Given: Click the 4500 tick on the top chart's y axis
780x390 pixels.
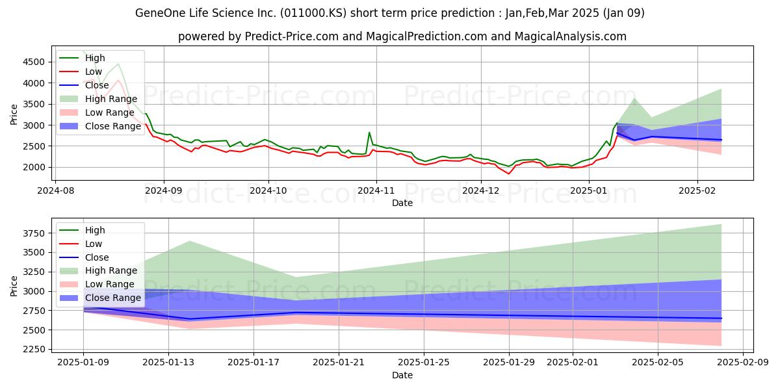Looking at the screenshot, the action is (34, 62).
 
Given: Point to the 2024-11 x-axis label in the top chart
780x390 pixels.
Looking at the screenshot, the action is (376, 191).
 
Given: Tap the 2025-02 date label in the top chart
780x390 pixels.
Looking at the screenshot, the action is (697, 191).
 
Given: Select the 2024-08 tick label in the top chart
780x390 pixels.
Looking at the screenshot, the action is (56, 191).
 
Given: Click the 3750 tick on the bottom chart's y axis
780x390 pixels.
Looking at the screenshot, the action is (34, 233).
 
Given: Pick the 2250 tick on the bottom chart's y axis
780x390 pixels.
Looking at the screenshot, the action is (34, 349).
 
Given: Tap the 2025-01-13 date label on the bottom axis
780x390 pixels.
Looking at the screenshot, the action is (168, 363).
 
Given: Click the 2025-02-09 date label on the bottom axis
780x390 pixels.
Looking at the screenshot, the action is (743, 363).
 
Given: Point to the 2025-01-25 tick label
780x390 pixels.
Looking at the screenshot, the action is (424, 363).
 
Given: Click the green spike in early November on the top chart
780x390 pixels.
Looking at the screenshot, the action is (369, 133).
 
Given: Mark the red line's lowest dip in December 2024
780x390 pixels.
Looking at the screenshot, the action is (509, 174).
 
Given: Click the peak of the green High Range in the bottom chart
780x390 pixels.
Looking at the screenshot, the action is (190, 241).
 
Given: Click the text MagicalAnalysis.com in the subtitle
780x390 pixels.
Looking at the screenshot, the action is (571, 36).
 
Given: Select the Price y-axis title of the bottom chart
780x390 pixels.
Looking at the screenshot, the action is (14, 286).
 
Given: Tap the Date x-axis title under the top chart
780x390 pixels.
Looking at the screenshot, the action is (402, 203).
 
